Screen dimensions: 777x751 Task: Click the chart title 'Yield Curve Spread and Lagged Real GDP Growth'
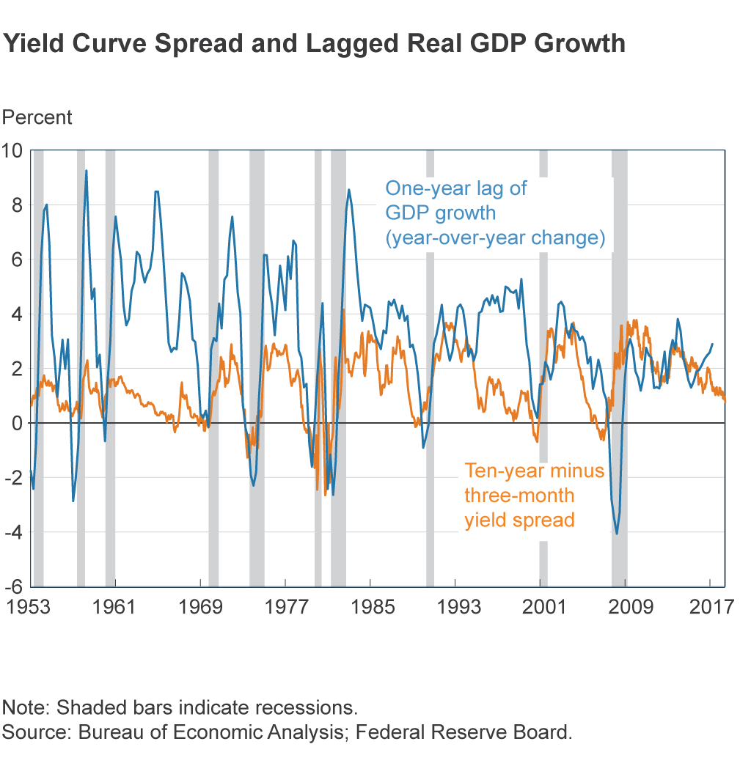(314, 45)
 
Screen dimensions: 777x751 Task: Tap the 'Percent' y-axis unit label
(37, 117)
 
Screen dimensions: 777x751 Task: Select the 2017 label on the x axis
(709, 607)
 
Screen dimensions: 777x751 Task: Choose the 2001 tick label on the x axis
(540, 607)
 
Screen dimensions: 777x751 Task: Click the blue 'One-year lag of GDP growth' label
(495, 213)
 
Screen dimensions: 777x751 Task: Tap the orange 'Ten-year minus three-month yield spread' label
(535, 495)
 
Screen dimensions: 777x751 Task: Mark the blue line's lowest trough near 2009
(617, 533)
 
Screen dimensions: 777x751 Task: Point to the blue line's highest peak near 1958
(87, 171)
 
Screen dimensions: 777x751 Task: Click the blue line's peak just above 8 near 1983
(349, 190)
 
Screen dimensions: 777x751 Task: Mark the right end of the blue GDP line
(712, 344)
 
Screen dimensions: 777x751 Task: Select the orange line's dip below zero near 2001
(537, 441)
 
